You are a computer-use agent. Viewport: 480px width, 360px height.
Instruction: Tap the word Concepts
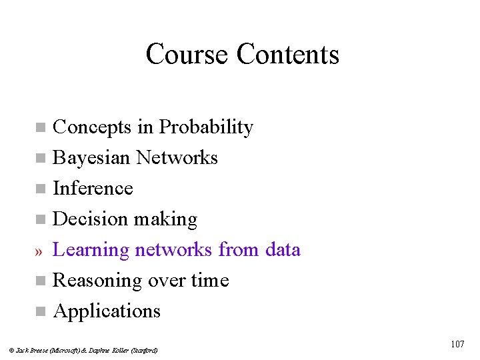(93, 127)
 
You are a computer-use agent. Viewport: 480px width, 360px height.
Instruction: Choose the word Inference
(93, 188)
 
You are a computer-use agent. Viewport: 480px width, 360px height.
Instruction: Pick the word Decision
(90, 219)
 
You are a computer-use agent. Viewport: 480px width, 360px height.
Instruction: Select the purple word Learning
(91, 250)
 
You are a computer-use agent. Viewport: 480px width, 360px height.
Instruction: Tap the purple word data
(283, 249)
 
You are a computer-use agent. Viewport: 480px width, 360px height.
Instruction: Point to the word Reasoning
(98, 281)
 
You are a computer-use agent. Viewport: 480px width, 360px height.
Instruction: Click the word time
(209, 280)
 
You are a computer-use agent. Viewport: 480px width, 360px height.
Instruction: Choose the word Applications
(107, 311)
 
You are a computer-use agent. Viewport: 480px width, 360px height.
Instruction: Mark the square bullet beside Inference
(40, 189)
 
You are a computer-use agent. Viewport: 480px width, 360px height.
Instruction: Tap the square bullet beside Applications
(40, 311)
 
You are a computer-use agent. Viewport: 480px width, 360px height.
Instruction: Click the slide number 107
(457, 344)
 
